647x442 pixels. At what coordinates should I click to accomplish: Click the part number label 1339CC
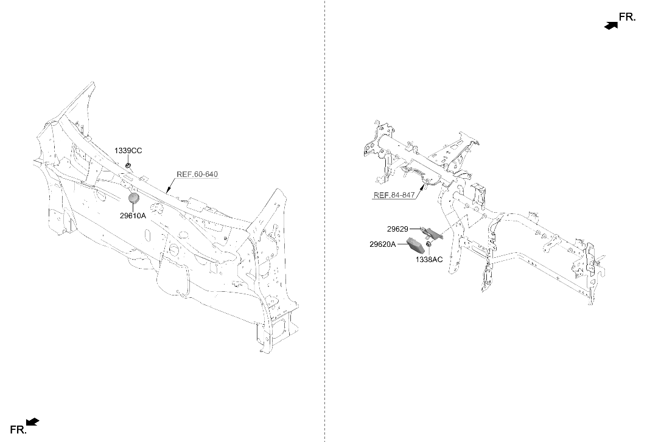point(128,151)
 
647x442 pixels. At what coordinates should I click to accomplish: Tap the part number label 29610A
point(133,216)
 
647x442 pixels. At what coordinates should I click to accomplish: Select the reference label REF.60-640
point(197,174)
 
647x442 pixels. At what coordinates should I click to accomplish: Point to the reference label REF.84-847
point(394,195)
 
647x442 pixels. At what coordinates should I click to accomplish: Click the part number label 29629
point(397,229)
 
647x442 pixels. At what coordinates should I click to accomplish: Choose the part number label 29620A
point(382,244)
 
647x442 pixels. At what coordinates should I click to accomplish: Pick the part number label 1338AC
point(428,260)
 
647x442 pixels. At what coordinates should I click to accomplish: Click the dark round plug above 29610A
point(133,198)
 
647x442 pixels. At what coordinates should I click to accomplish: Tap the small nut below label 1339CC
point(128,166)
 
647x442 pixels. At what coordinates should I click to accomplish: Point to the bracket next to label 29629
point(432,233)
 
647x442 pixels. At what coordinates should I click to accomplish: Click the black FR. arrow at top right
point(611,25)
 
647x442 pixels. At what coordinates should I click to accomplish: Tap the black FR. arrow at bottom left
point(33,421)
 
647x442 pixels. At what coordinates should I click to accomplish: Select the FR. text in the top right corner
point(627,17)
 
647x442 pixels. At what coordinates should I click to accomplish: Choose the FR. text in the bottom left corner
point(18,430)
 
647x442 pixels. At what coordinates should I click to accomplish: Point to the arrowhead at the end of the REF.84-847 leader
point(422,188)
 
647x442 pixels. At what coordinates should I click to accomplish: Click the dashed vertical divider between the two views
point(325,221)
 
